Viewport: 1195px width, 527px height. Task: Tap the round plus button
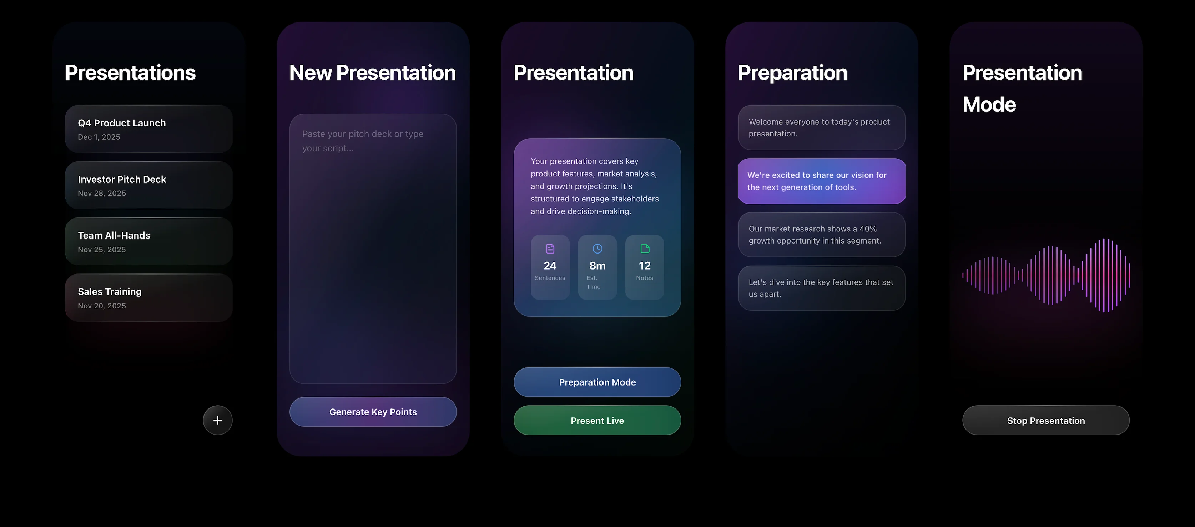click(218, 420)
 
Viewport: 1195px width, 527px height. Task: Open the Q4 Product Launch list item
click(148, 129)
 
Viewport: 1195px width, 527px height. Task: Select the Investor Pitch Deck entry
click(148, 185)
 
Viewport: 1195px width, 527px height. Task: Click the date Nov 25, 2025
click(102, 250)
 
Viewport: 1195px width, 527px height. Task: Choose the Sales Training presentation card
click(148, 297)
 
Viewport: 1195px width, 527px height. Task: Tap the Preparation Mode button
click(597, 382)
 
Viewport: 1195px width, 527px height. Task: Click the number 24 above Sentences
click(550, 266)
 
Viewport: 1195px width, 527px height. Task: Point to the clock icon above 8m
click(597, 249)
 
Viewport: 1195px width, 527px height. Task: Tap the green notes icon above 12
click(645, 249)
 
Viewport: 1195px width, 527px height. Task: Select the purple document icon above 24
click(550, 249)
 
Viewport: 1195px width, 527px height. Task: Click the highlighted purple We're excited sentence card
click(822, 181)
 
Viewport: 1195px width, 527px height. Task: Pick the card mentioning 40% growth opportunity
click(822, 235)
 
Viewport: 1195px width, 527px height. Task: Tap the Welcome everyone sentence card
click(822, 127)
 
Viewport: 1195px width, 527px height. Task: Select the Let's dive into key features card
click(822, 288)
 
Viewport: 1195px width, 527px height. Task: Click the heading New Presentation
click(373, 73)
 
